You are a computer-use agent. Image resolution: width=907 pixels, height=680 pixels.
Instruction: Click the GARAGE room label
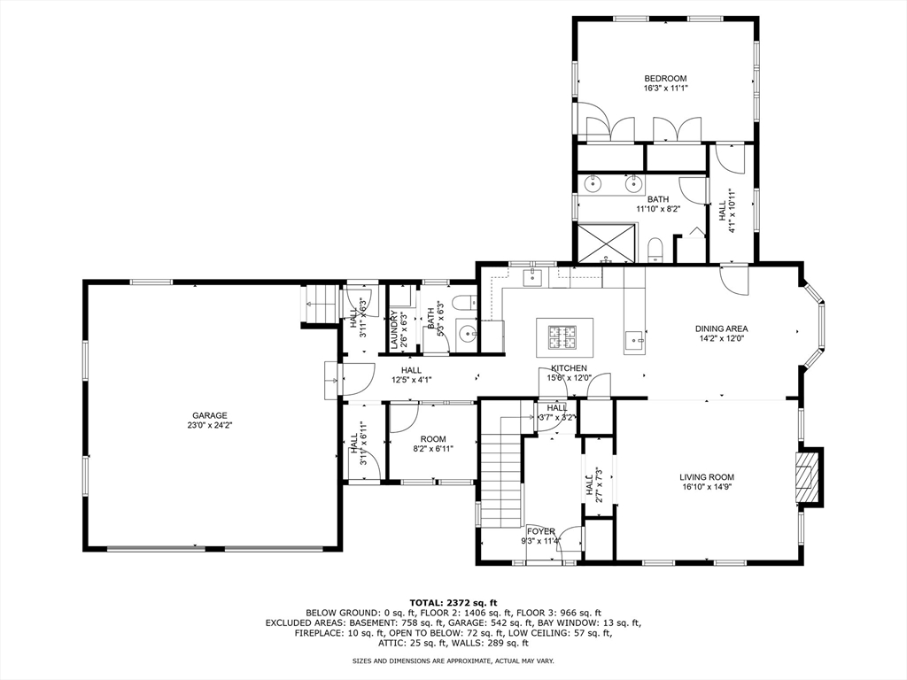[210, 415]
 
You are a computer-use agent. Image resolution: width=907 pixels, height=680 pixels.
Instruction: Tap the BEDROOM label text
[665, 79]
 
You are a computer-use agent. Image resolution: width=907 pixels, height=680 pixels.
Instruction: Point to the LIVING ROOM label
[706, 476]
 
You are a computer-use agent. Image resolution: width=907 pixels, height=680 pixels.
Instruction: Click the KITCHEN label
[569, 367]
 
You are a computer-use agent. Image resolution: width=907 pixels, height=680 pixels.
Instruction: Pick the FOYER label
[540, 531]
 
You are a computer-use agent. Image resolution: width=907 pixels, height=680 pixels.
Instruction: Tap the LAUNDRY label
[394, 328]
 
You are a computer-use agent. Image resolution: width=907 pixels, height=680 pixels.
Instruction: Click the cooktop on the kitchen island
[562, 336]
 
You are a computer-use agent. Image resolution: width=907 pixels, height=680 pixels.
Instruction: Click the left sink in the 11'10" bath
[594, 185]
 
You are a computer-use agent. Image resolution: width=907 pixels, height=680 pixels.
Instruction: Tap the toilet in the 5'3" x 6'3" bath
[463, 305]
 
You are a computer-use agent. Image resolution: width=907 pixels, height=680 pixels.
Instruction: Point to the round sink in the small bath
[467, 336]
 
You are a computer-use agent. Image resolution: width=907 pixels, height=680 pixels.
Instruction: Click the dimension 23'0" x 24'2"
[210, 425]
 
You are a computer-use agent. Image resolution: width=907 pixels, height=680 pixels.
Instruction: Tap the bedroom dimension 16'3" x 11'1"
[665, 89]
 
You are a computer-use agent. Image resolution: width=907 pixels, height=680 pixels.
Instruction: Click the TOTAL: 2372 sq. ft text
[453, 602]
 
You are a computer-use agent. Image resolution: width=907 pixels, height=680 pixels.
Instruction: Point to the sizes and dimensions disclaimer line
[453, 661]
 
